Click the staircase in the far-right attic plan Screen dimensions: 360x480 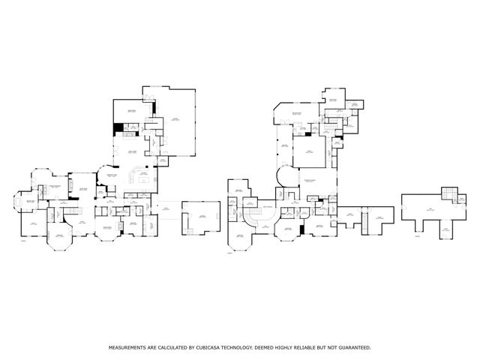click(448, 196)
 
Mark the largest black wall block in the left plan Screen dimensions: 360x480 click(118, 128)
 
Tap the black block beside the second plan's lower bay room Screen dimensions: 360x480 click(301, 228)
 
